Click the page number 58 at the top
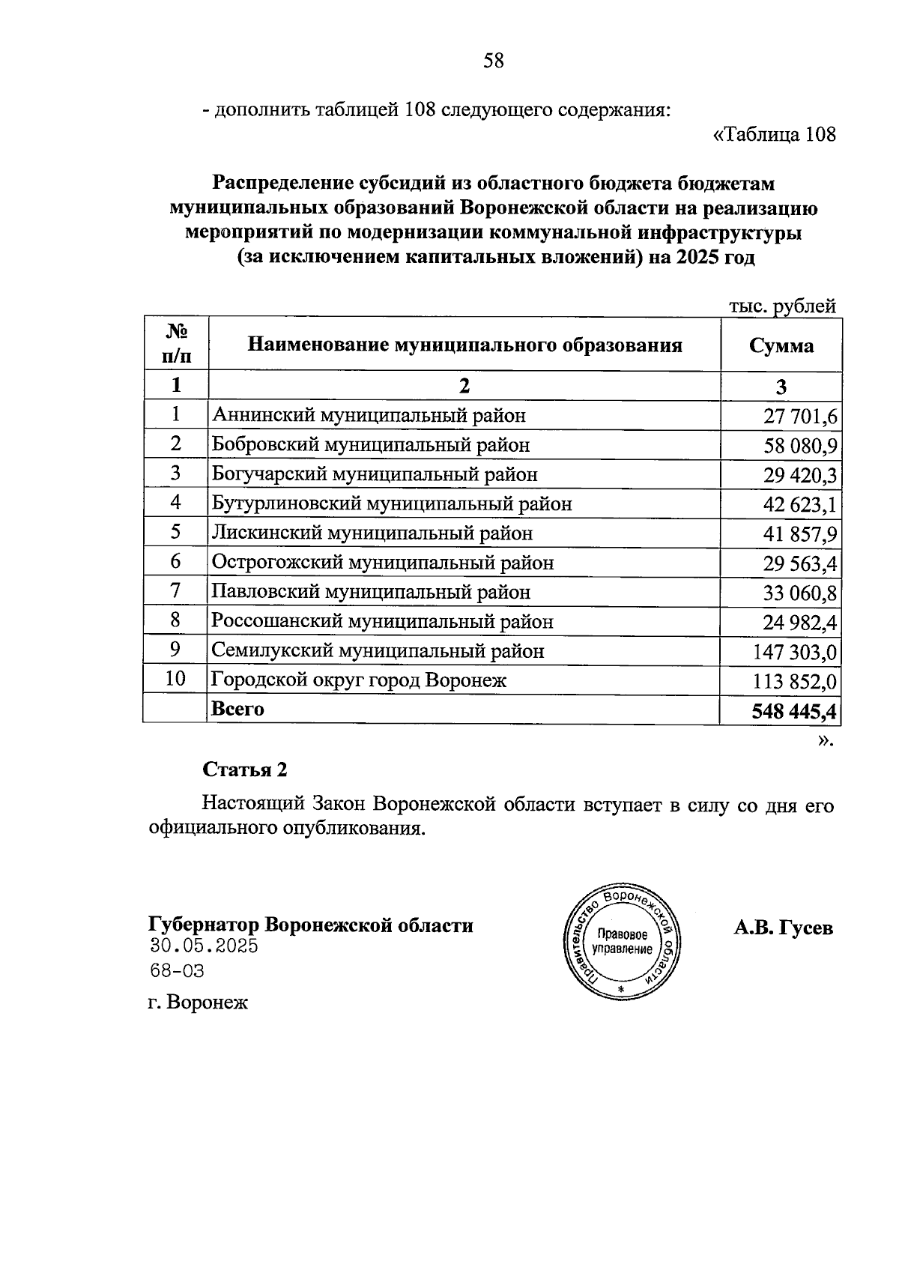(494, 61)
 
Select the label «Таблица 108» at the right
(774, 135)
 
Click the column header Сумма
(781, 346)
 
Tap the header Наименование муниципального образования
(464, 345)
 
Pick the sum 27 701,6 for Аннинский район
(800, 417)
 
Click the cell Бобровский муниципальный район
(371, 445)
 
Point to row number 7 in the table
(175, 591)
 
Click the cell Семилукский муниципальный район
(378, 651)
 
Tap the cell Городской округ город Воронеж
(359, 680)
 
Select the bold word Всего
(237, 709)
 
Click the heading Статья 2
(245, 769)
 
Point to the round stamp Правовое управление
(621, 942)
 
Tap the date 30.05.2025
(204, 946)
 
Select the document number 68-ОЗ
(177, 972)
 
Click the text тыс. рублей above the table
(782, 306)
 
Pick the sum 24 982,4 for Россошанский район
(800, 623)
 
